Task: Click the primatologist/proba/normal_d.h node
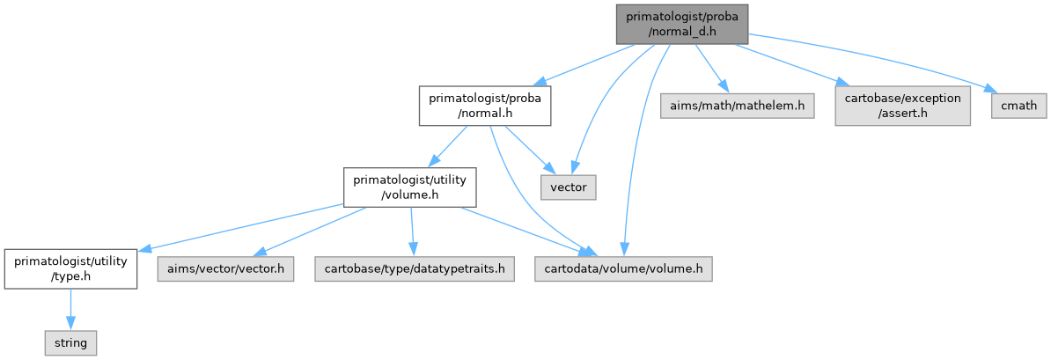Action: pyautogui.click(x=680, y=23)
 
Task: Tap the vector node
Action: pyautogui.click(x=568, y=187)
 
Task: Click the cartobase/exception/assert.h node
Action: pyautogui.click(x=903, y=106)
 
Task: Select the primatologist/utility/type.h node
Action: pyautogui.click(x=70, y=268)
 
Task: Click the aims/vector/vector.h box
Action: pyautogui.click(x=224, y=268)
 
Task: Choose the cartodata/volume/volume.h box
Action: pyautogui.click(x=623, y=268)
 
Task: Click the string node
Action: pyautogui.click(x=70, y=342)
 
